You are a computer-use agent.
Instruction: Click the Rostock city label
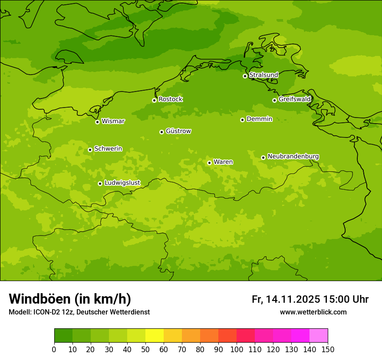tap(170, 99)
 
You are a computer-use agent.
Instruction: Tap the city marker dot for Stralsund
tap(245, 76)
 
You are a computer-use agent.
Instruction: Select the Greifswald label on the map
tap(294, 99)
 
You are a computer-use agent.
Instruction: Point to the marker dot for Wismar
tap(97, 122)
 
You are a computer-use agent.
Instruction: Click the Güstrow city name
tap(178, 131)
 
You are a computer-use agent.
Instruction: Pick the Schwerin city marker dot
tap(90, 150)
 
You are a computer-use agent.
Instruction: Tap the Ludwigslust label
tap(122, 183)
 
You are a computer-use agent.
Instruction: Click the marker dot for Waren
tap(209, 163)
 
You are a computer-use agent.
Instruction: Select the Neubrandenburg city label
tap(293, 156)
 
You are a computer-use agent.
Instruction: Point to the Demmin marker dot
tap(242, 120)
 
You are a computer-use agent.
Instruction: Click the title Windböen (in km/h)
tap(70, 299)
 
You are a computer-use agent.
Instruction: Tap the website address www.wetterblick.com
tap(313, 312)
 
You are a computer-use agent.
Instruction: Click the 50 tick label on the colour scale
tap(145, 350)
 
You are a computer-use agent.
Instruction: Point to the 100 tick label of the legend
tap(237, 350)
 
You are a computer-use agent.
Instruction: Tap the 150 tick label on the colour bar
tap(328, 350)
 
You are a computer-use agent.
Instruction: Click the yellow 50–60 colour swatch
tap(155, 336)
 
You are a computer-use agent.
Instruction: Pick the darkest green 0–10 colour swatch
tap(63, 336)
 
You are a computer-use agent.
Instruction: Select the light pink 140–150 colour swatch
tap(319, 336)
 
